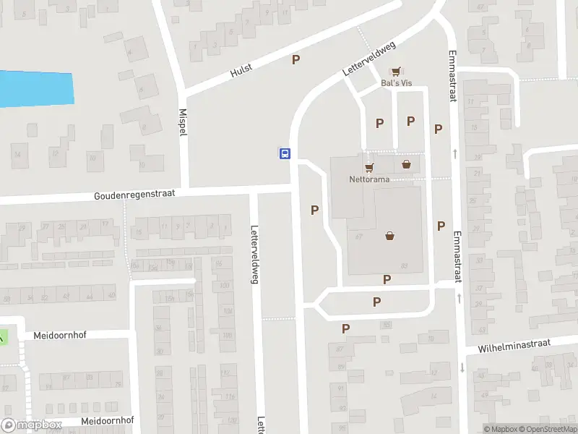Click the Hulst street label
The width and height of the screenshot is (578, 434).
point(241,71)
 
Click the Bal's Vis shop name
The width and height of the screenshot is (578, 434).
point(395,83)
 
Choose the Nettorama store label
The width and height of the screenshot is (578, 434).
point(370,179)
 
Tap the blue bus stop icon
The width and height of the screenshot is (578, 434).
point(285,153)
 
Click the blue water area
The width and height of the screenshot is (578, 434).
point(36,89)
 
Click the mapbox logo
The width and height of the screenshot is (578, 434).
point(32,425)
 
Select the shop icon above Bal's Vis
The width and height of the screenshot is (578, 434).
point(394,72)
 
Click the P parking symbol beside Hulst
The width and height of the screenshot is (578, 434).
point(296,59)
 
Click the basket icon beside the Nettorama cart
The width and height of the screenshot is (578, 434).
point(407,163)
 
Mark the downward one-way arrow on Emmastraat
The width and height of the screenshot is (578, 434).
point(461,367)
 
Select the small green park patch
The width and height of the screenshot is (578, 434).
point(2,336)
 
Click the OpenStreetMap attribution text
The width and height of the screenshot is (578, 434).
point(547,429)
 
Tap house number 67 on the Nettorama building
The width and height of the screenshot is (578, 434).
point(358,237)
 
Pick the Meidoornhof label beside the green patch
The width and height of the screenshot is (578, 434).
point(60,336)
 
